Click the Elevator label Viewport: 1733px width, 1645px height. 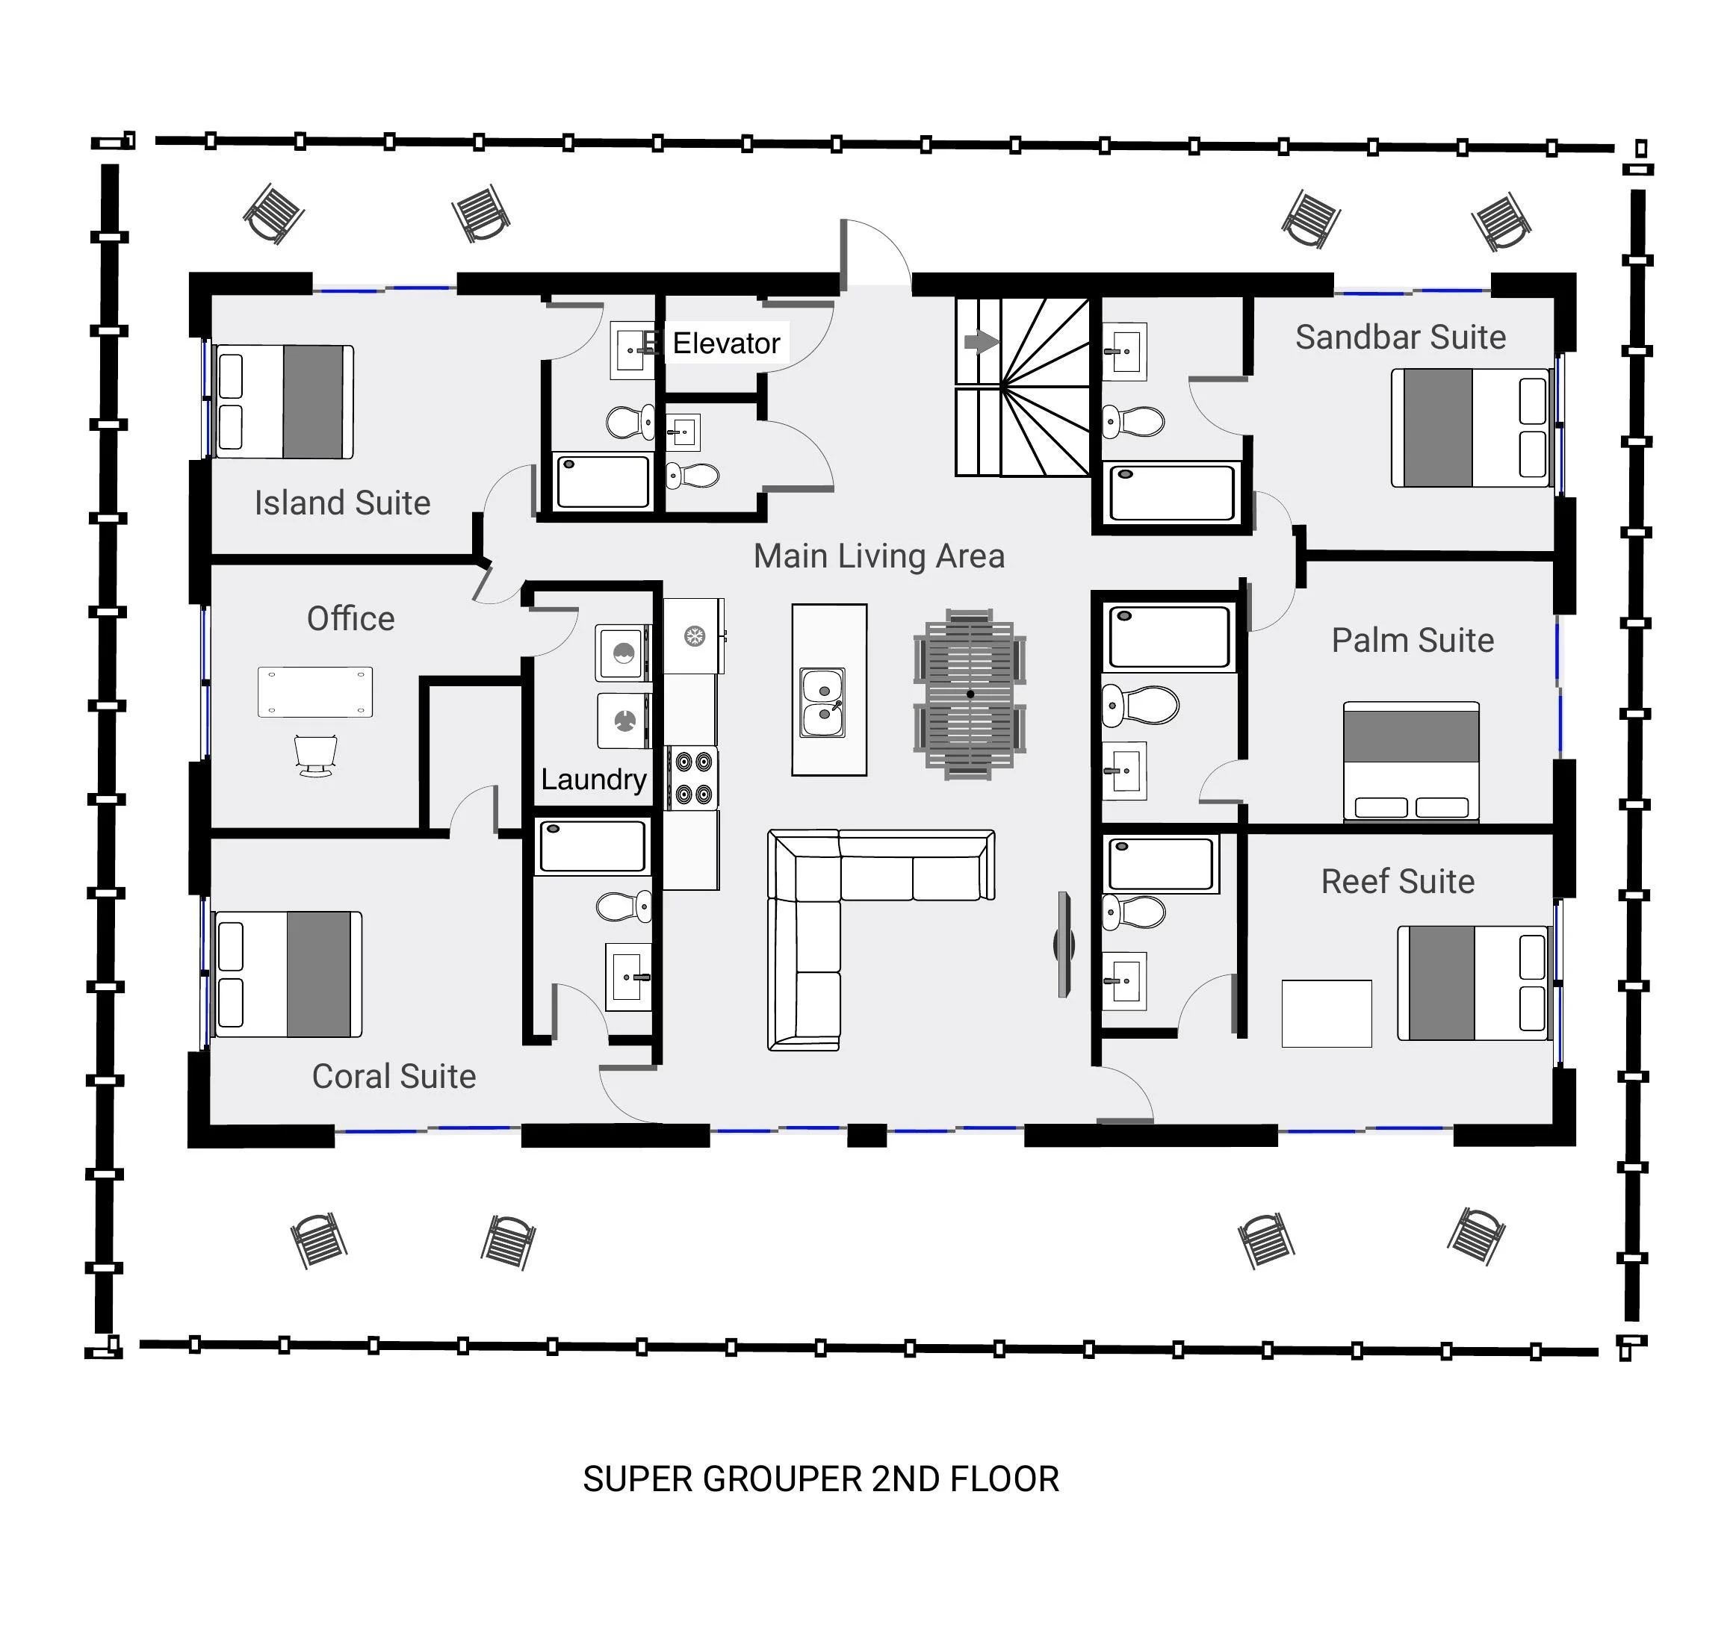coord(725,343)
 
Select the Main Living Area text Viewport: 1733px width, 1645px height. coord(878,556)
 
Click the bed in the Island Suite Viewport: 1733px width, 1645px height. coord(284,402)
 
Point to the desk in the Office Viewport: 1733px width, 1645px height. coord(314,692)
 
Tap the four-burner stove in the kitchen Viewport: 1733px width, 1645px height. coord(692,778)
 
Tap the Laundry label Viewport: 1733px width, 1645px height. coord(593,779)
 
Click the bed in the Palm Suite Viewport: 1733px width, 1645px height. coord(1410,761)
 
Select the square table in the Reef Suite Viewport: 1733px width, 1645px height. coord(1325,1013)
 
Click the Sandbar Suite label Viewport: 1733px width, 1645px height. coord(1400,337)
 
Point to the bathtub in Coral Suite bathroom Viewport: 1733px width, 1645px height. coord(592,846)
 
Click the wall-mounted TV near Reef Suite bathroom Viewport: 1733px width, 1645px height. coord(1064,945)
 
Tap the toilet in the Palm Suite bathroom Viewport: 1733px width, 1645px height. coord(1139,704)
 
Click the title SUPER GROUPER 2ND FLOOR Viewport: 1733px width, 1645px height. coord(820,1479)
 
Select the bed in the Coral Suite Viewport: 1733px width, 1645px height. coord(288,974)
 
